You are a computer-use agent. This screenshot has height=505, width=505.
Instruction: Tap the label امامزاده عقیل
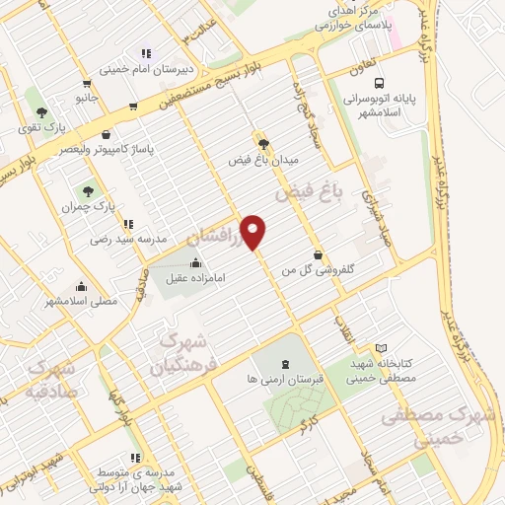192,278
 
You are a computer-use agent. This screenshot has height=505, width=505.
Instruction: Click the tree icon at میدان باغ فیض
262,142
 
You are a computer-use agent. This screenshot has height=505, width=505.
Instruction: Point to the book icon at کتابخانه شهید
382,348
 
